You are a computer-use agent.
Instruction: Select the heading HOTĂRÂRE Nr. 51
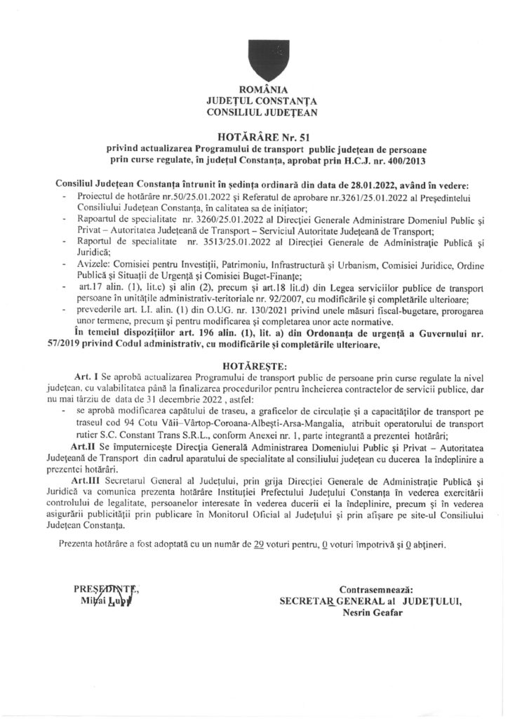pyautogui.click(x=254, y=138)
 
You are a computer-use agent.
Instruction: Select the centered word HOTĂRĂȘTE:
pyautogui.click(x=254, y=366)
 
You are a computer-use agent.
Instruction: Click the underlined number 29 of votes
pyautogui.click(x=259, y=544)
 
